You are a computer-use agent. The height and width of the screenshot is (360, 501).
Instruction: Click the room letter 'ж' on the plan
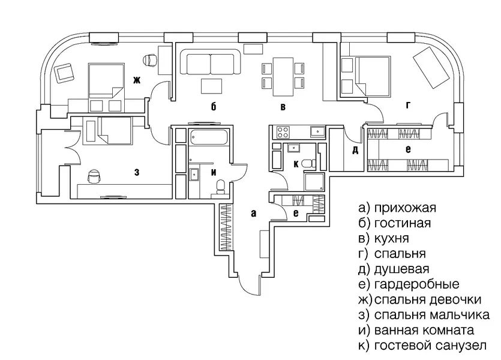(x=136, y=80)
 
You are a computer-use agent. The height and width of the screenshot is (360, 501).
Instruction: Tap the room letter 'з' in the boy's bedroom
(x=137, y=172)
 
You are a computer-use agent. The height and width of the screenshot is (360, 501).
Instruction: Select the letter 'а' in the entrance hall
(x=253, y=212)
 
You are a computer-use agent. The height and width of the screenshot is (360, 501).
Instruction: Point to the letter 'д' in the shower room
(x=355, y=150)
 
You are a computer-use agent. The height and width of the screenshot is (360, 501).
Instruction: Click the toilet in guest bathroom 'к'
(x=309, y=163)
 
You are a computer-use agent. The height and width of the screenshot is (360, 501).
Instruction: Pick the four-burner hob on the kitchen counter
(x=281, y=131)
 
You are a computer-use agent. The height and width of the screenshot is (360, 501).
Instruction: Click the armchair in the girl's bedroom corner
(x=63, y=73)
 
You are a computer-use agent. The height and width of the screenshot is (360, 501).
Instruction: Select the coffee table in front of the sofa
(x=211, y=85)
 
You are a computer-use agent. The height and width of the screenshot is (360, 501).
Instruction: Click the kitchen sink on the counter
(x=317, y=131)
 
